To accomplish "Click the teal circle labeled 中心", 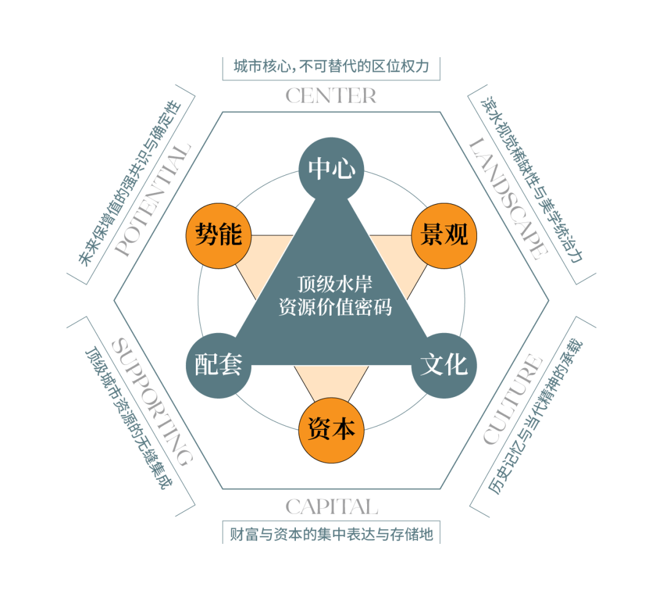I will pyautogui.click(x=331, y=169).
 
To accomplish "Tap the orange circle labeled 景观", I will pyautogui.click(x=444, y=234).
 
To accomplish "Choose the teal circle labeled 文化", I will pyautogui.click(x=444, y=365).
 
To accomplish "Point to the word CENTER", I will pyautogui.click(x=331, y=96).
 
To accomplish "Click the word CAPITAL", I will pyautogui.click(x=331, y=507).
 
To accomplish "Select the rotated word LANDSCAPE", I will pyautogui.click(x=507, y=197).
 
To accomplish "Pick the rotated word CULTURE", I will pyautogui.click(x=513, y=399).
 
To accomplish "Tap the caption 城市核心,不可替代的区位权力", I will pyautogui.click(x=331, y=67).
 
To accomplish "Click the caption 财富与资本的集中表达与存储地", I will pyautogui.click(x=331, y=534).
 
